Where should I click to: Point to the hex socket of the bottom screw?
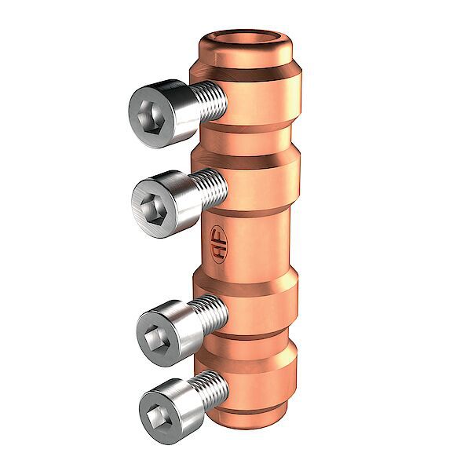[x=159, y=409]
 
